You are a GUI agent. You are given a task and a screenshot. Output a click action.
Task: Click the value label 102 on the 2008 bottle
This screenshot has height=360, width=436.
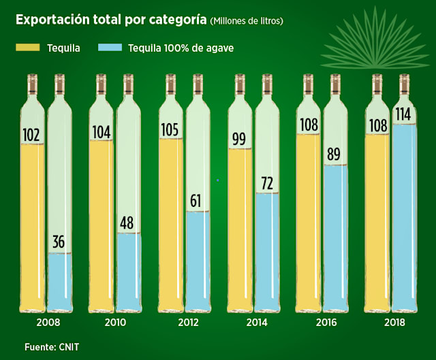click(30, 134)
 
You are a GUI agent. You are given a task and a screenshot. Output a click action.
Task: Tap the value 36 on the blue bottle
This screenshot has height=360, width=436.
click(59, 242)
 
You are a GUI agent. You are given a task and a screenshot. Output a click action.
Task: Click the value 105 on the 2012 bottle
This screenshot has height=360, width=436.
click(169, 129)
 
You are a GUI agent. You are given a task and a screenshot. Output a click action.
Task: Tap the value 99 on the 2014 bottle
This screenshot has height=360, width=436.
click(238, 140)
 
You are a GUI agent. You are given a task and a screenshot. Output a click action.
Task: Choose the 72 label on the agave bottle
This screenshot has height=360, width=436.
click(266, 182)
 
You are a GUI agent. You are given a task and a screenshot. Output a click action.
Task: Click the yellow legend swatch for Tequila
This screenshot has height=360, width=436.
click(27, 48)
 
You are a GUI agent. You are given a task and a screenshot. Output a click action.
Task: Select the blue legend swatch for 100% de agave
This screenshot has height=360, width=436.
click(110, 48)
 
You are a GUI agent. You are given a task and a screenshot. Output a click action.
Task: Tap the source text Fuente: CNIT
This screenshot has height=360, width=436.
click(52, 347)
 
